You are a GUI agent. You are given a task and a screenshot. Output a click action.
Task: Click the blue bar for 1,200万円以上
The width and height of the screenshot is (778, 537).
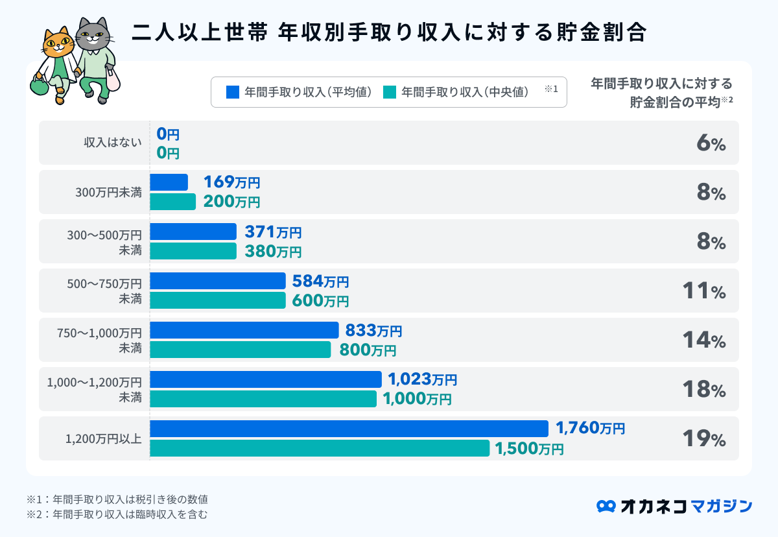pyautogui.click(x=349, y=428)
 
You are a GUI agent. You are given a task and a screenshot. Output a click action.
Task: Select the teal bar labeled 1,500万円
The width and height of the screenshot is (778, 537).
pyautogui.click(x=320, y=448)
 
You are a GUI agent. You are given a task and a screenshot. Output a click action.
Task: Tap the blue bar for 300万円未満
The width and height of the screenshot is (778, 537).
pyautogui.click(x=169, y=182)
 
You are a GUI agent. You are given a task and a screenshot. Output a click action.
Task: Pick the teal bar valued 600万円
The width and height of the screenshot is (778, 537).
pyautogui.click(x=218, y=300)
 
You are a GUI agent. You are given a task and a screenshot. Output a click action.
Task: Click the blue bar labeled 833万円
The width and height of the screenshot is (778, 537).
pyautogui.click(x=244, y=330)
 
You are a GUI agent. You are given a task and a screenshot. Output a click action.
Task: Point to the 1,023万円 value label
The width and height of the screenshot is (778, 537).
pyautogui.click(x=422, y=379)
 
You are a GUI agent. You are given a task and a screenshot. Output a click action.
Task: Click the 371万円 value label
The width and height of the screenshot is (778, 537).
pyautogui.click(x=273, y=232)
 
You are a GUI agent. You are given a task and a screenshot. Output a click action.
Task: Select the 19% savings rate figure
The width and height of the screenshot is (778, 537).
pyautogui.click(x=703, y=439)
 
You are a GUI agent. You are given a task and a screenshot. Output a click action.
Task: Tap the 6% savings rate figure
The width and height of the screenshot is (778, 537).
pyautogui.click(x=711, y=143)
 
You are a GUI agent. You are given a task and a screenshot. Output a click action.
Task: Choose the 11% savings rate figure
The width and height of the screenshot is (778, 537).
pyautogui.click(x=703, y=291)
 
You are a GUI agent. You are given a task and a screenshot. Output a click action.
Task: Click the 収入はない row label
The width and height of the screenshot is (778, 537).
pyautogui.click(x=113, y=143)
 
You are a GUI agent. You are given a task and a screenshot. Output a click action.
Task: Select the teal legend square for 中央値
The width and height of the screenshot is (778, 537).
pyautogui.click(x=389, y=92)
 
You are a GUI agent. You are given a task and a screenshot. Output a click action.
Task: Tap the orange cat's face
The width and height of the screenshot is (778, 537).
pyautogui.click(x=58, y=44)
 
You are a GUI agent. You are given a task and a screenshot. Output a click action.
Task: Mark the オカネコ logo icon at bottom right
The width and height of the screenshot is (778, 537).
pyautogui.click(x=606, y=506)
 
